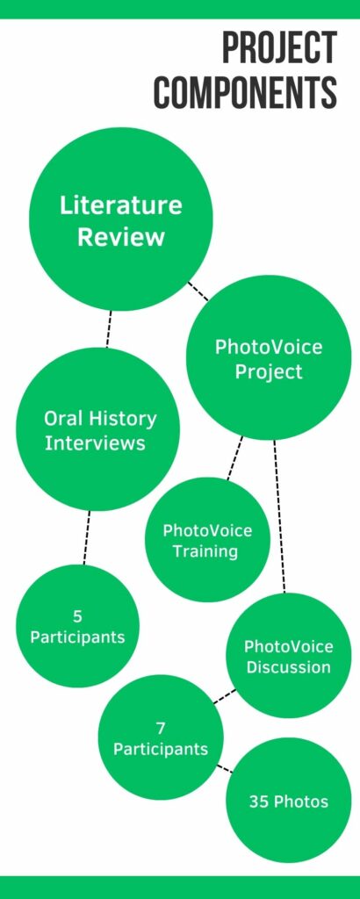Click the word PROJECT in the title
(280, 48)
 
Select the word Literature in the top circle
(121, 205)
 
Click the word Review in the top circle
(121, 237)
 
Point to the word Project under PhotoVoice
(269, 372)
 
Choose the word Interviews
(95, 443)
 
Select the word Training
(205, 551)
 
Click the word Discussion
(288, 667)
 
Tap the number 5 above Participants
(77, 616)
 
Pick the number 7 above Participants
(161, 728)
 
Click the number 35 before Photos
(258, 802)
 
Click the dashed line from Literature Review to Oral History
(108, 329)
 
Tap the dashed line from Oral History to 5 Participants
(87, 538)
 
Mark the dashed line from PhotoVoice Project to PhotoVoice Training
(234, 457)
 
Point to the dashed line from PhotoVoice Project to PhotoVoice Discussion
(279, 516)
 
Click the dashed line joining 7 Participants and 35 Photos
(225, 769)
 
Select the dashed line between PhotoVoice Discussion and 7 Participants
(224, 696)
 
